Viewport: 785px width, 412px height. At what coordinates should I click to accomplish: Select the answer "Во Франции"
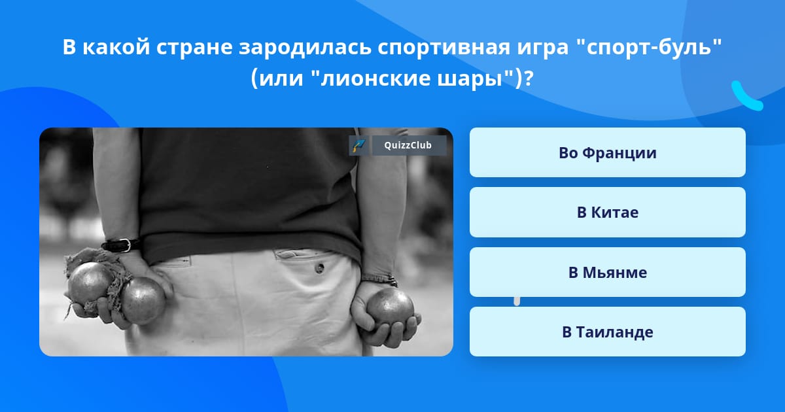(x=607, y=152)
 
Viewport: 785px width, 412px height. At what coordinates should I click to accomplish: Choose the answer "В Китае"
(x=607, y=213)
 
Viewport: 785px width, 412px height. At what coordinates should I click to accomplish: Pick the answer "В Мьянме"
(x=607, y=272)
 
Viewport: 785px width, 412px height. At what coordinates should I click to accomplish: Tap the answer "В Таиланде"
(x=607, y=332)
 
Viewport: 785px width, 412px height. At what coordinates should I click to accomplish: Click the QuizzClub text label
(x=408, y=145)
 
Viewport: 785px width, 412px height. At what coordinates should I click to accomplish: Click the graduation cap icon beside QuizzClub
(x=358, y=145)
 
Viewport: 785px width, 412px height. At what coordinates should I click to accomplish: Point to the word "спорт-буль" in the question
(x=650, y=47)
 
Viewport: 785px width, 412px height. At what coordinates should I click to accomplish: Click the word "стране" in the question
(x=194, y=48)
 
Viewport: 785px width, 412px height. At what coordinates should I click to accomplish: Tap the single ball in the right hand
(x=390, y=305)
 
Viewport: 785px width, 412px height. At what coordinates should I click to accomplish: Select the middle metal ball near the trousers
(x=143, y=301)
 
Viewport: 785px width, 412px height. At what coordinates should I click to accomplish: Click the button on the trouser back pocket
(x=319, y=268)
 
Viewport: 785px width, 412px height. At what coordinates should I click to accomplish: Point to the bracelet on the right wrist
(x=379, y=279)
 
